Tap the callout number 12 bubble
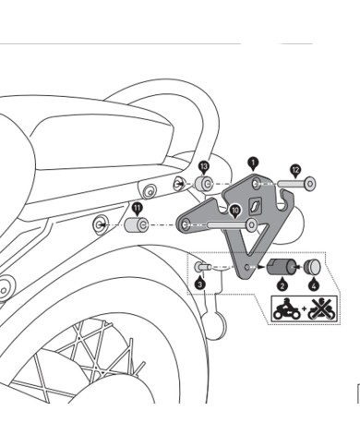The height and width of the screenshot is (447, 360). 294,170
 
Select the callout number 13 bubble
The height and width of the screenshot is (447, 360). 204,164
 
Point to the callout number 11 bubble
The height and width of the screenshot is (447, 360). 137,208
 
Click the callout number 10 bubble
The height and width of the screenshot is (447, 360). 234,211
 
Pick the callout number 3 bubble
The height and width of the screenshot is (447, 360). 199,284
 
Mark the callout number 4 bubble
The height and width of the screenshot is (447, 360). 312,285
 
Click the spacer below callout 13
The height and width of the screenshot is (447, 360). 202,183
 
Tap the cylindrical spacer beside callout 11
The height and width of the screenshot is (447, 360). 138,224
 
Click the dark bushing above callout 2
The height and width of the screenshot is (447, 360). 277,269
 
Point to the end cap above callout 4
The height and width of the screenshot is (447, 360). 312,269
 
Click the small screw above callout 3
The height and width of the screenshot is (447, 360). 204,268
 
